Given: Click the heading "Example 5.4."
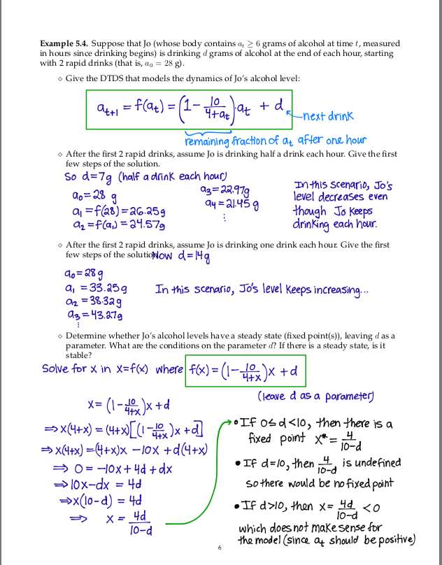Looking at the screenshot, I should coord(65,44).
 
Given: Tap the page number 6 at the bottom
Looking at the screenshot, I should coord(220,548).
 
